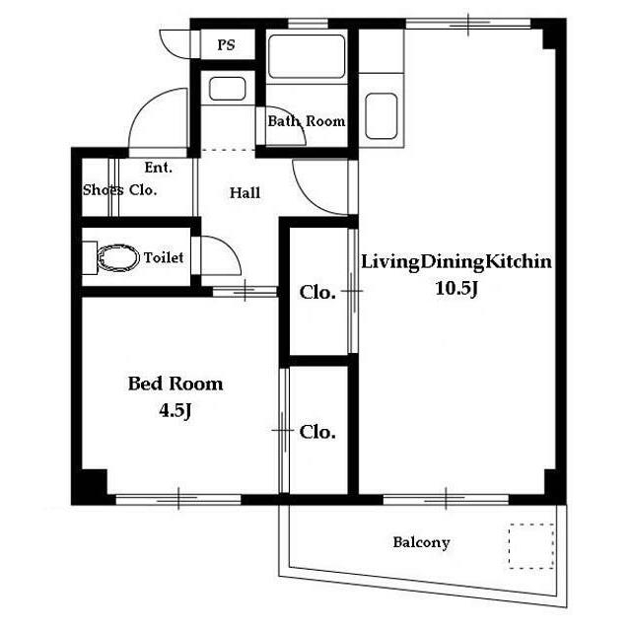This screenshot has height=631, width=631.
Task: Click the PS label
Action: [x=226, y=44]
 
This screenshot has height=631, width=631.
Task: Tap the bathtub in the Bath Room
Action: [x=307, y=56]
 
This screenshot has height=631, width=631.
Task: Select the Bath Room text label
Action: [x=307, y=120]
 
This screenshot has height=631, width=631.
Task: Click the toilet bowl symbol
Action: [x=118, y=257]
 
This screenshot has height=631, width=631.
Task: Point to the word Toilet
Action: [x=164, y=257]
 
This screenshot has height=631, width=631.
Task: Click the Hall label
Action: [x=245, y=193]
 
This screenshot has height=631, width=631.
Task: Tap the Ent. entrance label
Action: [x=159, y=168]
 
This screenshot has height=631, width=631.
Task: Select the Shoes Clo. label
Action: [x=119, y=189]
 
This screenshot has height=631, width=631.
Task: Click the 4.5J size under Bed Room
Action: [x=175, y=411]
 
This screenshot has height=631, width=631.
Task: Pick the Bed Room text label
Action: [x=175, y=384]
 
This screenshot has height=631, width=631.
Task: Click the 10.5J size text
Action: [x=456, y=288]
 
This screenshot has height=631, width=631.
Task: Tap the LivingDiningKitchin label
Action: [x=456, y=262]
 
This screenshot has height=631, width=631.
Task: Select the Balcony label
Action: [x=421, y=542]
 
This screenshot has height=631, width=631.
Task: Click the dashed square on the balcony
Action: [x=531, y=546]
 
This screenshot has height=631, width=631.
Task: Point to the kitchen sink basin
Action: [x=382, y=116]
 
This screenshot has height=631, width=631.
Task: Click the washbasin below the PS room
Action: [x=228, y=89]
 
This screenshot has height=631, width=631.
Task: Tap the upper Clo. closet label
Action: [x=317, y=293]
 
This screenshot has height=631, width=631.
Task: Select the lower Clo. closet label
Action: [x=317, y=432]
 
